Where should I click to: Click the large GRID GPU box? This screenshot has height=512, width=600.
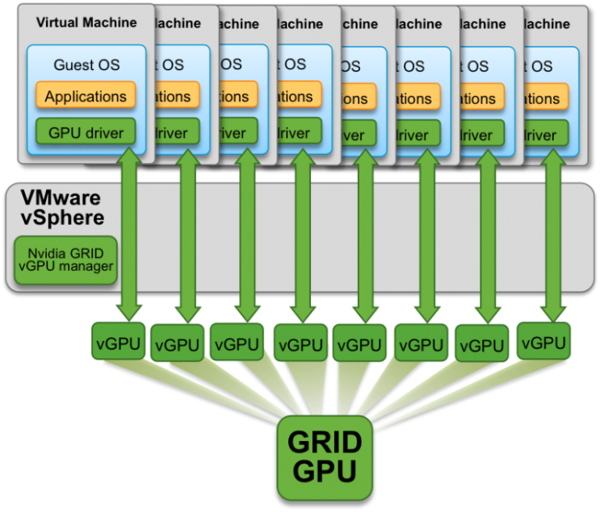[x=325, y=457]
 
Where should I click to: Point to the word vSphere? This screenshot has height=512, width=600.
[x=62, y=218]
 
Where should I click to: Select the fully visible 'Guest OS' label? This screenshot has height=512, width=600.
[x=86, y=65]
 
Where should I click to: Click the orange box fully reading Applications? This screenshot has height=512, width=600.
[x=86, y=97]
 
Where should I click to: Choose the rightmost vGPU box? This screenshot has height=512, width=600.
[x=543, y=342]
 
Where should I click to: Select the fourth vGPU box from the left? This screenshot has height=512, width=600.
[x=300, y=345]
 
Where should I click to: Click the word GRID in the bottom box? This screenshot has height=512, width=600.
[x=325, y=441]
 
